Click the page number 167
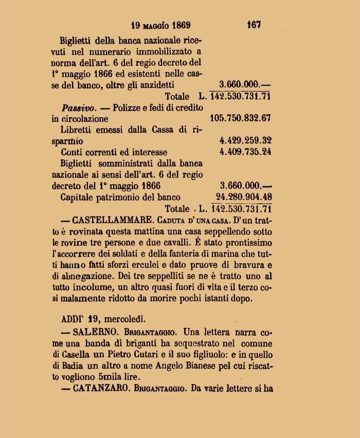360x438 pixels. (x=254, y=24)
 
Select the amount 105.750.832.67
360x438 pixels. (x=240, y=118)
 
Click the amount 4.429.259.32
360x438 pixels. (x=245, y=140)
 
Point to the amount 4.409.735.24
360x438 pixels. (x=245, y=152)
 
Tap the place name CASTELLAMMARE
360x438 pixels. (x=106, y=220)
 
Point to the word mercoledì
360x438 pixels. (x=123, y=317)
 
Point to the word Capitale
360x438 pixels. (x=79, y=197)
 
